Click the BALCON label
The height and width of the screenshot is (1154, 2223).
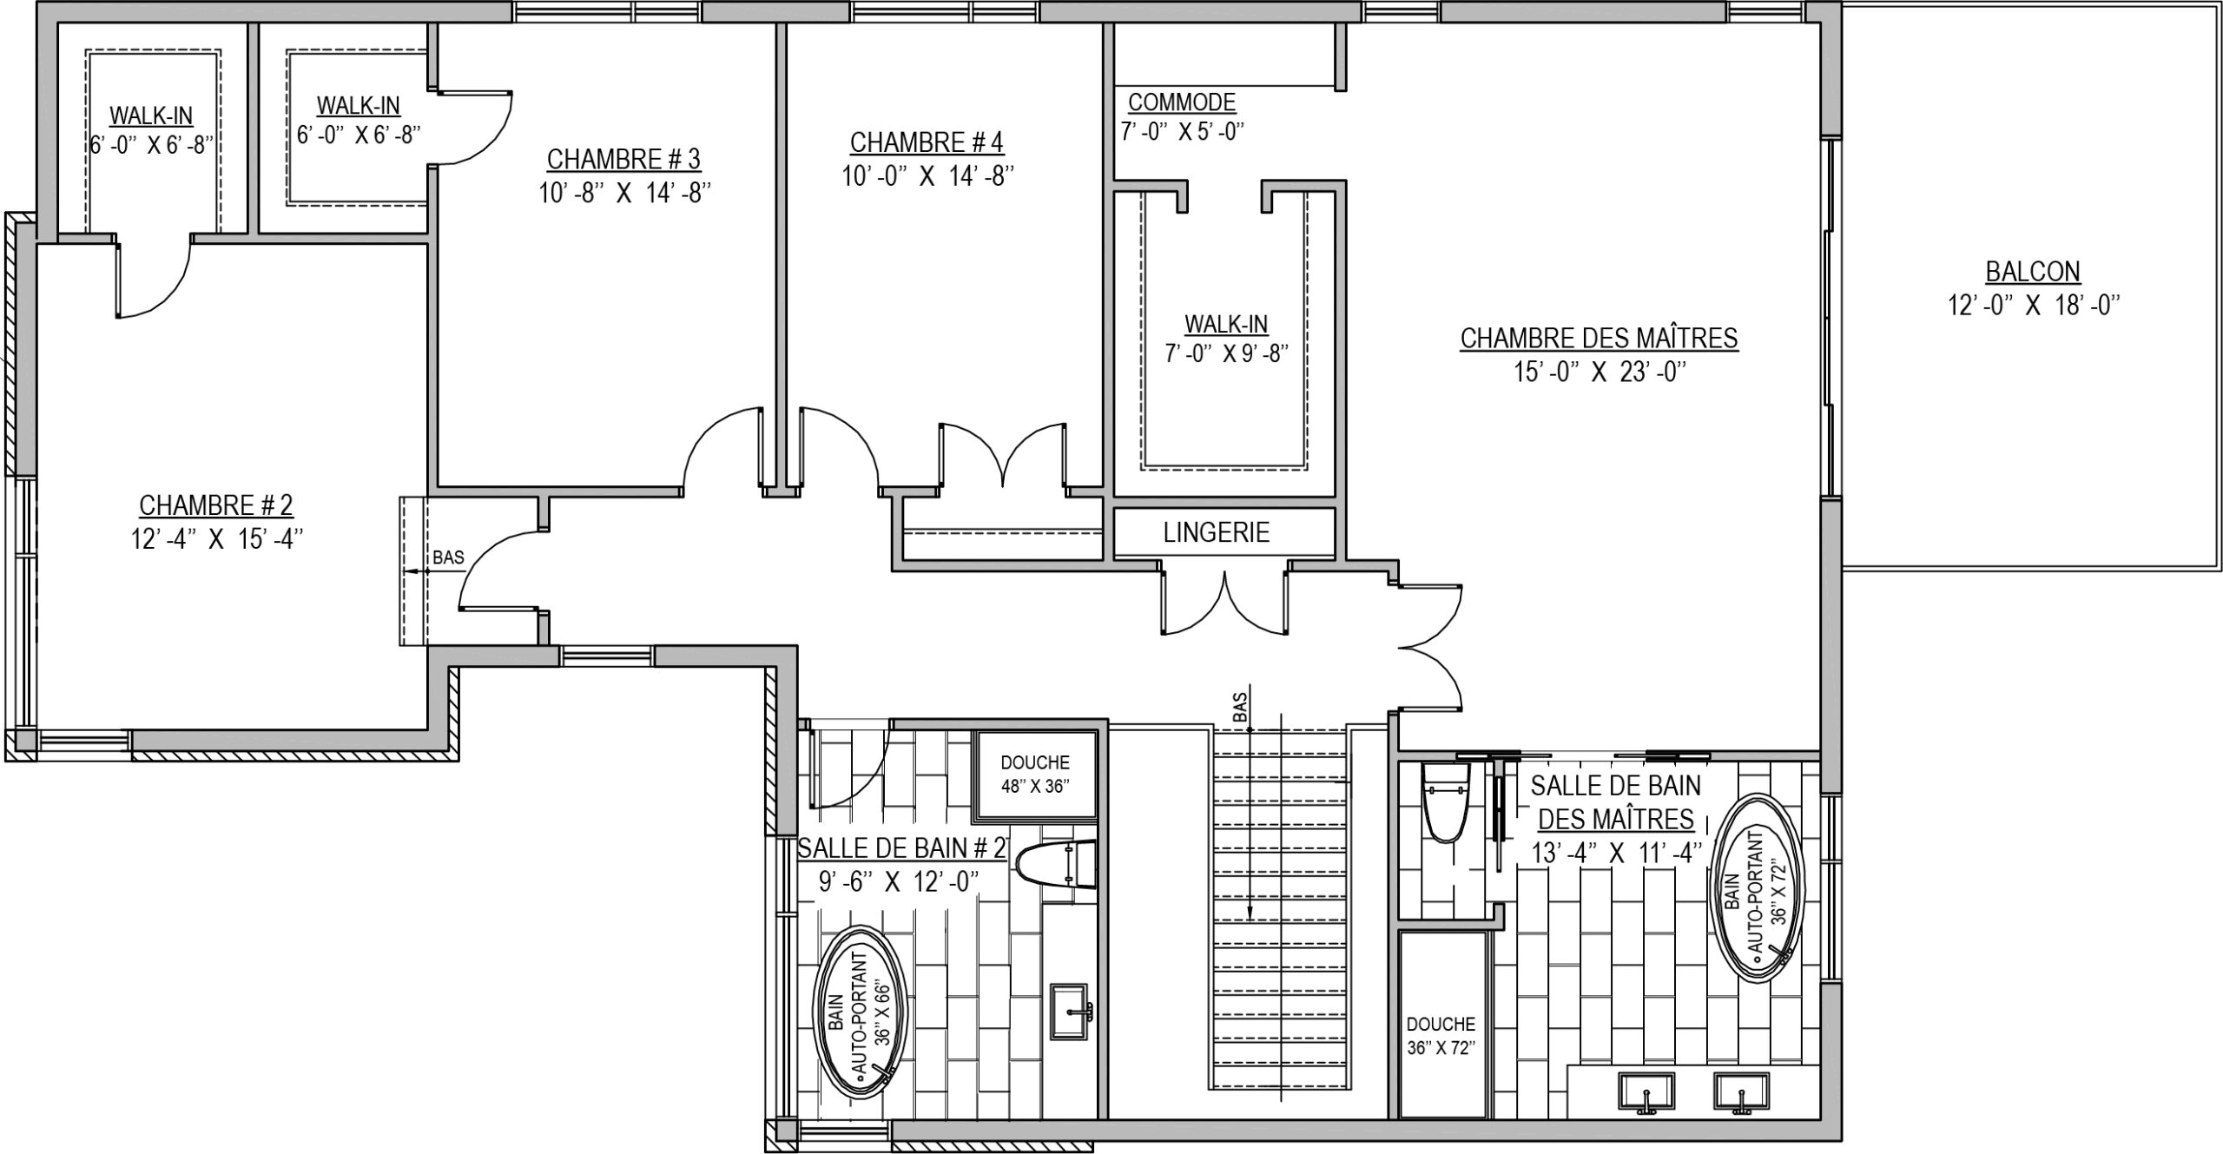(x=2033, y=272)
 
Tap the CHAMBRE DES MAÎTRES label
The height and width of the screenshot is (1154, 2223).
(x=1599, y=338)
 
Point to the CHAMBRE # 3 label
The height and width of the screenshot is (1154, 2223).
(x=623, y=159)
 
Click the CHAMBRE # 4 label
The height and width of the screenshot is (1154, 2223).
(x=927, y=142)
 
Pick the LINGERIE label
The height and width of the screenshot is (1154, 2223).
(x=1216, y=532)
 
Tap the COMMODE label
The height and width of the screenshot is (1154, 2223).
(x=1181, y=102)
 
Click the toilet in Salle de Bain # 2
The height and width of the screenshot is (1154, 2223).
(x=1054, y=866)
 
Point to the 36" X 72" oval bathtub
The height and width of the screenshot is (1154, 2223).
(x=1757, y=887)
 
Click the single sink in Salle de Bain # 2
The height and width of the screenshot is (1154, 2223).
(x=1071, y=1011)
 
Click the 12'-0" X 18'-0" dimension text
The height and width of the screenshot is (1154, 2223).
(x=2033, y=306)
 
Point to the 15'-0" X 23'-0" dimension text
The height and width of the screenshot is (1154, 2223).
(x=1599, y=373)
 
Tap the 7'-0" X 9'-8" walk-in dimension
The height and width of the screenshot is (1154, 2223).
(x=1226, y=353)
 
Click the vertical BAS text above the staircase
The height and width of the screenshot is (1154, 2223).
(x=1241, y=706)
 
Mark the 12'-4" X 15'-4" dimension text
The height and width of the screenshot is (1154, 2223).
(x=216, y=539)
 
